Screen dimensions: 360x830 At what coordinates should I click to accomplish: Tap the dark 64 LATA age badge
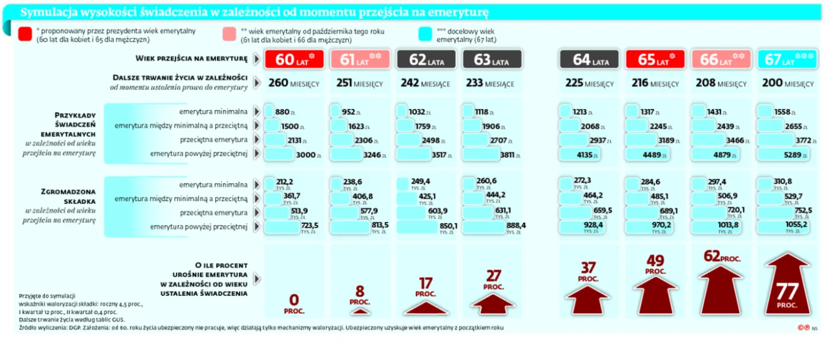tap(590, 59)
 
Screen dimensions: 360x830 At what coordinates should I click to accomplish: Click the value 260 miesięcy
tap(294, 83)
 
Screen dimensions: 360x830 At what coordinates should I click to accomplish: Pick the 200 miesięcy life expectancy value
tap(787, 83)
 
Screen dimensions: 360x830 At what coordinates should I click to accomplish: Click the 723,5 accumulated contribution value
tap(309, 226)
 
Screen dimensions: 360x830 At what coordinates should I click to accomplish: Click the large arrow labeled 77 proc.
tap(787, 285)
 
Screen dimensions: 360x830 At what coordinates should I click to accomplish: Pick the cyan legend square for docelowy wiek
tap(424, 34)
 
